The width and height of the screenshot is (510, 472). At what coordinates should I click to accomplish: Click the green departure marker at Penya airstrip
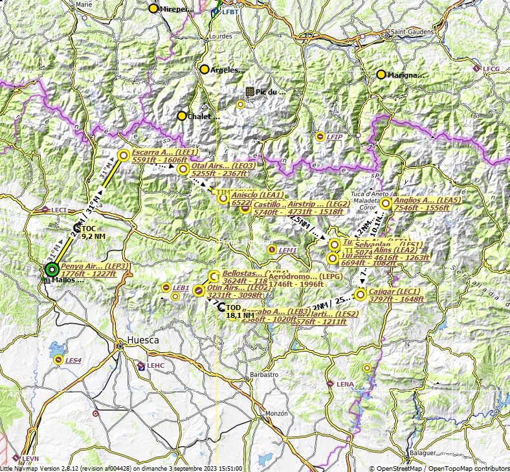[52, 269]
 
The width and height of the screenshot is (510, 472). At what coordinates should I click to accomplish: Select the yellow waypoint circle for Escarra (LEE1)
[124, 155]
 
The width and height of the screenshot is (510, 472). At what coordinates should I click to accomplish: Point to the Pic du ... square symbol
[250, 91]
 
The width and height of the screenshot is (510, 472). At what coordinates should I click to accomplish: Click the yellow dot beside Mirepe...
[153, 9]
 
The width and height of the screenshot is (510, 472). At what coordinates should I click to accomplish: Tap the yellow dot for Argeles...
[205, 69]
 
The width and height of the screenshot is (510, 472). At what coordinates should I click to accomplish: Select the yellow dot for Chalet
[182, 116]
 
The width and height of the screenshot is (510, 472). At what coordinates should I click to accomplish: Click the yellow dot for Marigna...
[381, 74]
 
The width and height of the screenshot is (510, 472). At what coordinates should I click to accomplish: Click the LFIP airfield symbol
[320, 137]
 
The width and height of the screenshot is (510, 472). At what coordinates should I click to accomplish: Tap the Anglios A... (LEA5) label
[427, 201]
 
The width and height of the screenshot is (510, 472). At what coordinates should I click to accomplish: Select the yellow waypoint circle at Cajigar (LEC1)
[360, 295]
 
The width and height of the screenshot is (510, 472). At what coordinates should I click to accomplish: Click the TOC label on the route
[89, 229]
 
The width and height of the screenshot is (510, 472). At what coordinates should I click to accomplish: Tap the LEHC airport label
[156, 366]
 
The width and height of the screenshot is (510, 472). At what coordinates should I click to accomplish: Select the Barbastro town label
[264, 375]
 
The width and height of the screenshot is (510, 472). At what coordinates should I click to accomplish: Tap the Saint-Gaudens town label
[406, 32]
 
